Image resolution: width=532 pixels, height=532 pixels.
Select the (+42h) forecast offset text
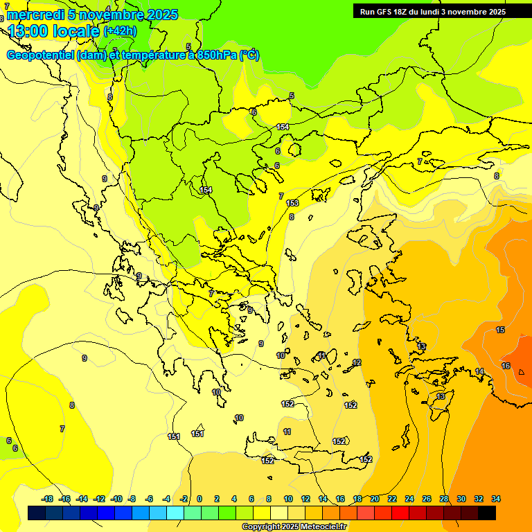[120, 30]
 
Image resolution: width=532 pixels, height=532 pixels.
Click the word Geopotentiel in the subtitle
[40, 55]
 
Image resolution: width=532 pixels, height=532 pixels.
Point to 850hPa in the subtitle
[215, 55]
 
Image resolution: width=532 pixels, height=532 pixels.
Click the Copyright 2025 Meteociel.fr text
[294, 526]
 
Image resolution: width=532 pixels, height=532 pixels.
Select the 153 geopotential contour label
[292, 203]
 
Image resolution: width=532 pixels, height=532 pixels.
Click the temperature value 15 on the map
[500, 330]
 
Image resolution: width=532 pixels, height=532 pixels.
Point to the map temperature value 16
[506, 366]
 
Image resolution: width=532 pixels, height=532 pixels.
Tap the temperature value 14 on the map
[479, 372]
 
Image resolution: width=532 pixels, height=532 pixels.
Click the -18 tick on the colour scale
[47, 499]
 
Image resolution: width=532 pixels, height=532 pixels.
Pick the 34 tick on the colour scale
[496, 499]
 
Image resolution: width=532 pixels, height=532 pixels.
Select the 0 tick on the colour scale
[199, 499]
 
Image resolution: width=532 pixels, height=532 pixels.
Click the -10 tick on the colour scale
[116, 499]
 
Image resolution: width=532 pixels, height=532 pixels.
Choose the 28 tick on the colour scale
[444, 499]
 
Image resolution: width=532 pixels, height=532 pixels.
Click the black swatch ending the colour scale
[487, 513]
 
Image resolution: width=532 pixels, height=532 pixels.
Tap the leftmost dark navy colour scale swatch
[37, 513]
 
